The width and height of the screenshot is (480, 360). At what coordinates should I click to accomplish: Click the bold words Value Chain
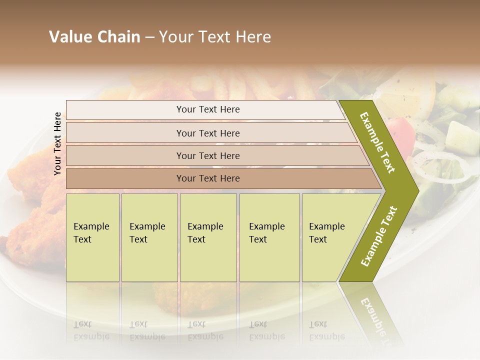[x=94, y=37]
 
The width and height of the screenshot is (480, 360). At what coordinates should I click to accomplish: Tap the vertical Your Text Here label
[x=57, y=143]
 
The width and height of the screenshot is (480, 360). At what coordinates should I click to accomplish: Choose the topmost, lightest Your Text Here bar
[x=208, y=109]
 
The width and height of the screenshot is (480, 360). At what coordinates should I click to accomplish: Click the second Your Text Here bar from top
[x=208, y=133]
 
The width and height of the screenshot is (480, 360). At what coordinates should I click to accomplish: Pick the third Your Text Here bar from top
[x=208, y=155]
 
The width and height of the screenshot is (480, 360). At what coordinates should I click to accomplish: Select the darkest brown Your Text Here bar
[x=208, y=178]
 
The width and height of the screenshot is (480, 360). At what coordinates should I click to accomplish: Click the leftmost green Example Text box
[x=92, y=237]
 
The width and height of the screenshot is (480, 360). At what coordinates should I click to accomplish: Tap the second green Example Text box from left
[x=149, y=237]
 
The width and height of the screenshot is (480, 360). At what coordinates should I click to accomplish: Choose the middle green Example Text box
[x=208, y=237]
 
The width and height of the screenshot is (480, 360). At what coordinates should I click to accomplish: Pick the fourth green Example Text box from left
[x=269, y=237]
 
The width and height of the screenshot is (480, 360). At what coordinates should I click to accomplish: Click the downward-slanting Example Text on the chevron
[x=377, y=142]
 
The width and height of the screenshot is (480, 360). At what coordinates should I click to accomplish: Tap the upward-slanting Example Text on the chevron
[x=379, y=236]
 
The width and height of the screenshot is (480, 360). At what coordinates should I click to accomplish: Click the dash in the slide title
[x=149, y=37]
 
